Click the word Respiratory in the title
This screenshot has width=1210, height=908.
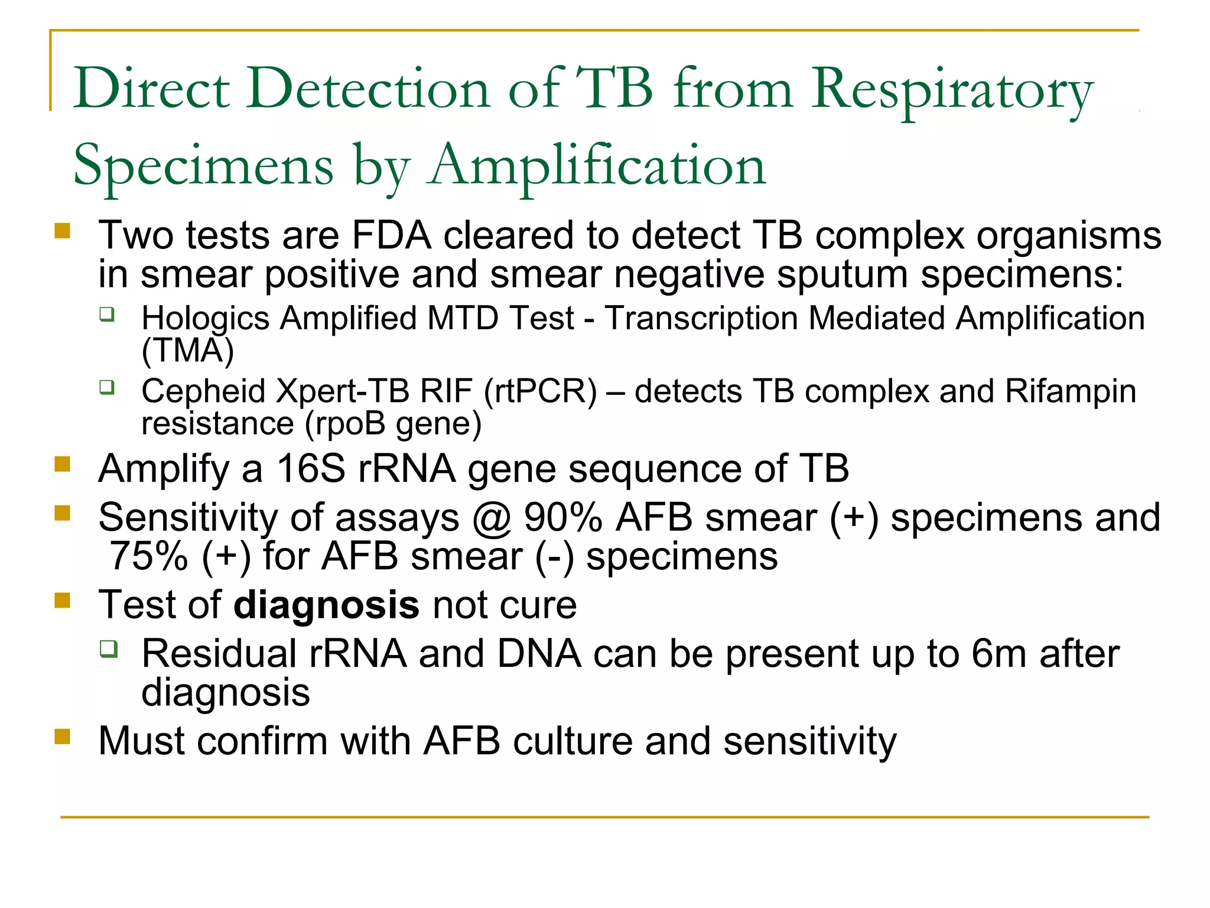[952, 90]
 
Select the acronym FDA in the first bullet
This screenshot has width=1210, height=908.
[391, 236]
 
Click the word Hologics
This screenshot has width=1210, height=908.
[205, 319]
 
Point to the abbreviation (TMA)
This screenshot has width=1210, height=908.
[188, 351]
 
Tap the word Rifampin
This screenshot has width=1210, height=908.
[1070, 391]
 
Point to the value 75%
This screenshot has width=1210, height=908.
[149, 557]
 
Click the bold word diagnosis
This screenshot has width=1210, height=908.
[327, 606]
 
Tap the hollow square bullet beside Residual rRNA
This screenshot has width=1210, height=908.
[108, 649]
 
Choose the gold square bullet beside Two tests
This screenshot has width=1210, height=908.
[62, 231]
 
